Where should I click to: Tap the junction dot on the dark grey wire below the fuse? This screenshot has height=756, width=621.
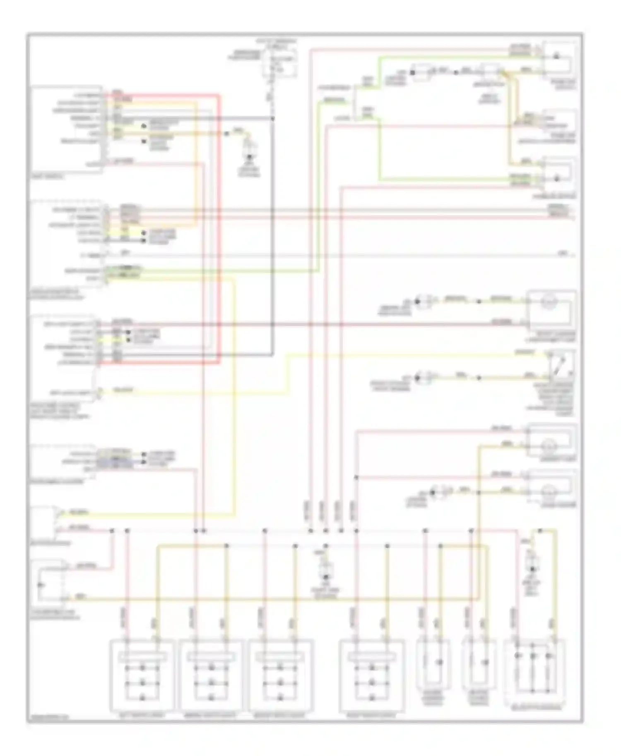click(x=272, y=119)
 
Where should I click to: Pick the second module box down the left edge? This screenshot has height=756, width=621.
click(x=68, y=244)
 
